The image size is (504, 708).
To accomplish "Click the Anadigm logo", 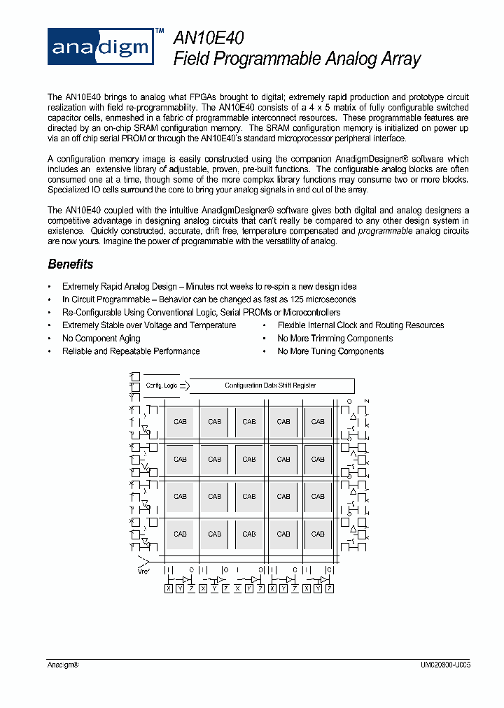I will [x=100, y=47].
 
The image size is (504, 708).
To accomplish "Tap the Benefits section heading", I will [x=70, y=264].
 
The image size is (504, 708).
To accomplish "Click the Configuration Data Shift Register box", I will [x=272, y=385].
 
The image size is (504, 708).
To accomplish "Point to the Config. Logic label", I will [x=161, y=385].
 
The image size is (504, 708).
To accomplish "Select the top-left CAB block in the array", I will [x=180, y=422].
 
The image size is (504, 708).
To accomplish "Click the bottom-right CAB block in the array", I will [x=318, y=534].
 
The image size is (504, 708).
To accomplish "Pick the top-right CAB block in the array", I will [x=318, y=422].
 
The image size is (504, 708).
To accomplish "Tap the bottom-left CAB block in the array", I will [x=180, y=534].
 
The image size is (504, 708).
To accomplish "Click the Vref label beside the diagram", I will [x=145, y=571].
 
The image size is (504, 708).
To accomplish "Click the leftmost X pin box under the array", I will [x=168, y=589].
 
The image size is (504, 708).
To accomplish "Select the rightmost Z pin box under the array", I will [x=330, y=589].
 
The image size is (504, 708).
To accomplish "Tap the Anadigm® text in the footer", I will [x=63, y=667].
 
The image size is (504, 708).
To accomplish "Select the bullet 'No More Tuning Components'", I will [x=330, y=351].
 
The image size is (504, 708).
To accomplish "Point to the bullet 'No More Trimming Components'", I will [x=335, y=339].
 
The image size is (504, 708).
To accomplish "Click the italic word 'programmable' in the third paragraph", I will [x=385, y=231].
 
